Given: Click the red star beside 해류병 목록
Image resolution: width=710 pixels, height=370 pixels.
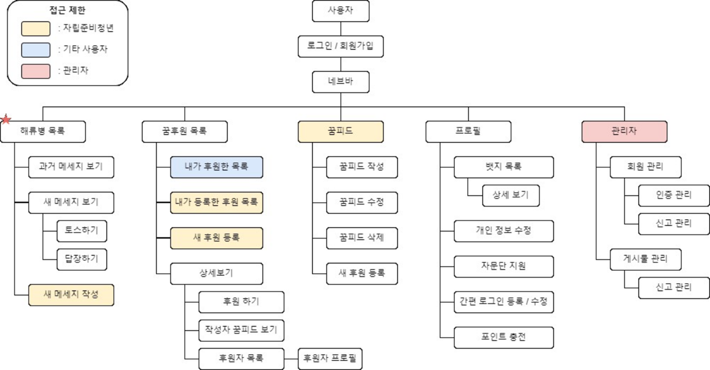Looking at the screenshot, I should (x=6, y=119).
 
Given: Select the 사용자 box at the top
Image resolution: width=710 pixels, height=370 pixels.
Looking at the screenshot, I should (x=340, y=11).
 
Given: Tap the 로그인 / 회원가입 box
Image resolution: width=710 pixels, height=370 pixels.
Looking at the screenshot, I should (x=340, y=46).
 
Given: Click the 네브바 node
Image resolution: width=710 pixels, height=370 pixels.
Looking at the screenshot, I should (x=340, y=82).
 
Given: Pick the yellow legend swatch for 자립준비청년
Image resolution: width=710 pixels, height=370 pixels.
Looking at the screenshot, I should (x=36, y=29).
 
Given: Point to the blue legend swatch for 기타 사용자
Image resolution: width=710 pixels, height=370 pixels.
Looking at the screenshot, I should (x=36, y=50).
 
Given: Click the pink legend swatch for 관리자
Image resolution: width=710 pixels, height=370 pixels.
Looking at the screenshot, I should (x=36, y=71).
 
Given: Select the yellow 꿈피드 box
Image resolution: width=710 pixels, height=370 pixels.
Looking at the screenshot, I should (x=340, y=131).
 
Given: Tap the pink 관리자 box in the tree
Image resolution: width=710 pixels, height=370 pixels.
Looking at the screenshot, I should (x=624, y=131).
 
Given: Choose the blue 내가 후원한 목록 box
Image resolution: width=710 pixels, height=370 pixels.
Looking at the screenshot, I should (x=216, y=167).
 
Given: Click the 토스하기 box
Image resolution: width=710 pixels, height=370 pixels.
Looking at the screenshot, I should (x=82, y=231).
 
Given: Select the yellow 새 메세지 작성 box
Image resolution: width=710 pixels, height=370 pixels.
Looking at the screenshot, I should (x=71, y=295).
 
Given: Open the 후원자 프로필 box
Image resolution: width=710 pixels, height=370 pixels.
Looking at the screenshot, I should (x=330, y=359).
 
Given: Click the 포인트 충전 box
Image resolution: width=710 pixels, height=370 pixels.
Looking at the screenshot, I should (x=503, y=337).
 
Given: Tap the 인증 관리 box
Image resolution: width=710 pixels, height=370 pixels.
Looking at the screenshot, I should (x=673, y=195).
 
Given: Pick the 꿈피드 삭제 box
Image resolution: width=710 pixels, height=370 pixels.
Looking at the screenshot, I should (x=362, y=238).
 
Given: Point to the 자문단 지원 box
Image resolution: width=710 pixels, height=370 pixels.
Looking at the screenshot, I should (x=503, y=266).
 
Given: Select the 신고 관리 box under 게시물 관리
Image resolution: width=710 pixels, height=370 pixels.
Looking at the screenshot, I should (x=673, y=288).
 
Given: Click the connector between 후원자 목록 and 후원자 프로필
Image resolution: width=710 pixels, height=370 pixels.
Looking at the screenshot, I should (x=291, y=359).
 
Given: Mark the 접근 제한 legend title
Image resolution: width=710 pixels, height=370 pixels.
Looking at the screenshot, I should (x=68, y=10).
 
